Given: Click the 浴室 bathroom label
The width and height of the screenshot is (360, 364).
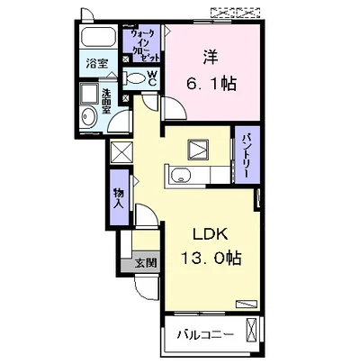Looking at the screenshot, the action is (97, 64).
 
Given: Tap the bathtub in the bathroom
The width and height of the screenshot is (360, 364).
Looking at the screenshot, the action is (99, 38).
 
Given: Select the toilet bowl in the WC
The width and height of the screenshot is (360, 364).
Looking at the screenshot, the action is (135, 78).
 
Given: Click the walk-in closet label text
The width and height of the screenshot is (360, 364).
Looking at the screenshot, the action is (143, 45).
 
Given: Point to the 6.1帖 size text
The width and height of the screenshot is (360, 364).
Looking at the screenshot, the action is (211, 83).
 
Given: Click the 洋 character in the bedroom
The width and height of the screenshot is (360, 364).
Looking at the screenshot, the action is (211, 57).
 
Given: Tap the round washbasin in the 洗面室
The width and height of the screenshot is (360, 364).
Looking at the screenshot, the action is (88, 116).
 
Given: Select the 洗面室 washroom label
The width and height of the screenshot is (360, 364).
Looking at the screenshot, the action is (105, 101).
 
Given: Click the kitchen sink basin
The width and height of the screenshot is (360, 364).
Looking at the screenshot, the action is (181, 175).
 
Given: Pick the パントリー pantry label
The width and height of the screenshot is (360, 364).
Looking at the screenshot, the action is (247, 155).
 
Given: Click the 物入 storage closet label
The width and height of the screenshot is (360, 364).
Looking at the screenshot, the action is (119, 198).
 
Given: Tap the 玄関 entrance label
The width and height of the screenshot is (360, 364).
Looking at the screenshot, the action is (146, 263).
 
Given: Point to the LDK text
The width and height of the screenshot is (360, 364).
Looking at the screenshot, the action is (211, 234).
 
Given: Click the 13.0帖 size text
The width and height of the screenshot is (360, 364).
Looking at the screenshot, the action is (211, 258).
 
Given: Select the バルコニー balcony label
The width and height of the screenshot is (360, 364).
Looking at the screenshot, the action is (205, 334).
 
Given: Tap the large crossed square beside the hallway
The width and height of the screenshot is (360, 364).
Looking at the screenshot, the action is (121, 152).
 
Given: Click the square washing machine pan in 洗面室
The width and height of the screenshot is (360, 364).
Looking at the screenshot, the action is (89, 94).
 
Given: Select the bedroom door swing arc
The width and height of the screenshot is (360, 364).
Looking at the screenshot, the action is (176, 108).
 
